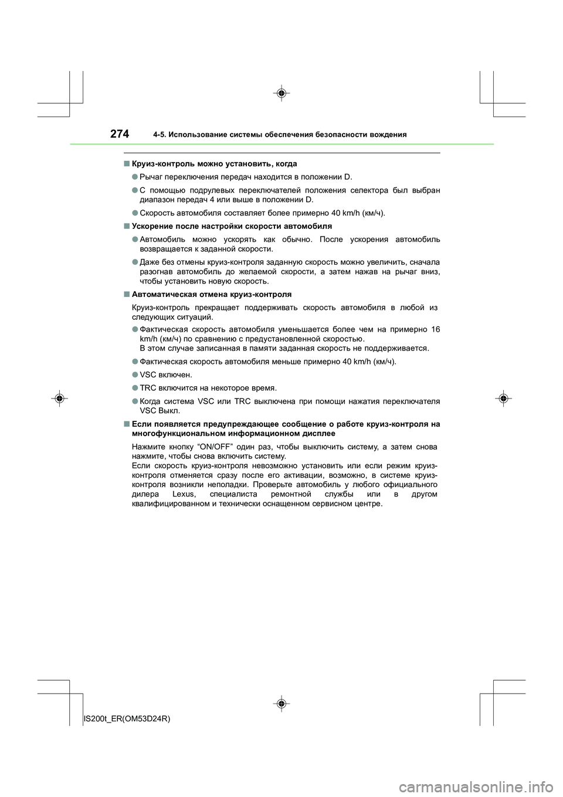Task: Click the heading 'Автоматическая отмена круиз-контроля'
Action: point(212,294)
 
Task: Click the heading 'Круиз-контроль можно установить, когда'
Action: point(215,164)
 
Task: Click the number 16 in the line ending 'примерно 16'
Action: point(435,329)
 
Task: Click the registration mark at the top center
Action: point(281,93)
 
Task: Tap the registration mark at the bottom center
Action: point(281,703)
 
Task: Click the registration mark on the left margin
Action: point(60,398)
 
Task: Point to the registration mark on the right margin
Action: point(503,398)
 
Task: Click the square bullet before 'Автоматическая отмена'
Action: point(126,294)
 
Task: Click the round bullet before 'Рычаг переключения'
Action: point(134,177)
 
